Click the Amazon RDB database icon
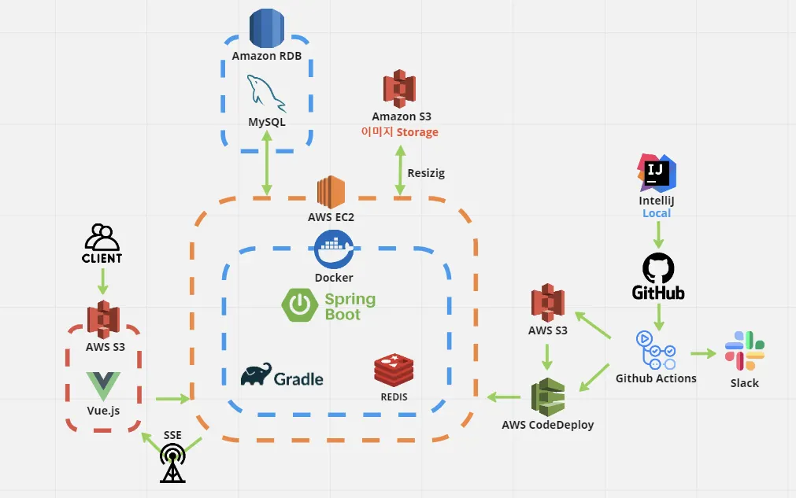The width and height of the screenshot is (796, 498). pos(266,28)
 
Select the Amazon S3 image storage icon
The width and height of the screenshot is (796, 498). pos(399,89)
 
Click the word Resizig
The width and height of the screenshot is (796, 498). pos(426,173)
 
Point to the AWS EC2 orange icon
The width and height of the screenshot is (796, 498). pos(331,192)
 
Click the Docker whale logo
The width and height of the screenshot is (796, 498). pos(334,250)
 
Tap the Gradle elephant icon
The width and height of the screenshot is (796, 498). pos(257,375)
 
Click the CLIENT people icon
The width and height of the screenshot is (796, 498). pos(102,237)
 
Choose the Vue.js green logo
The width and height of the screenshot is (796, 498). pos(102,385)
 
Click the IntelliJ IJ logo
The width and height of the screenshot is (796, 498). pos(657,174)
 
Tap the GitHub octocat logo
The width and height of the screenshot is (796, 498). pos(658,268)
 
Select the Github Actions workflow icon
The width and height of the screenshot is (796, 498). pos(655,350)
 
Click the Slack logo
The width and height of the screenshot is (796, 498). pos(744,352)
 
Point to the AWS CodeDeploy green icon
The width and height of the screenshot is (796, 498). pos(548,398)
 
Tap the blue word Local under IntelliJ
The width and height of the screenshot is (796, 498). pos(657,213)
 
